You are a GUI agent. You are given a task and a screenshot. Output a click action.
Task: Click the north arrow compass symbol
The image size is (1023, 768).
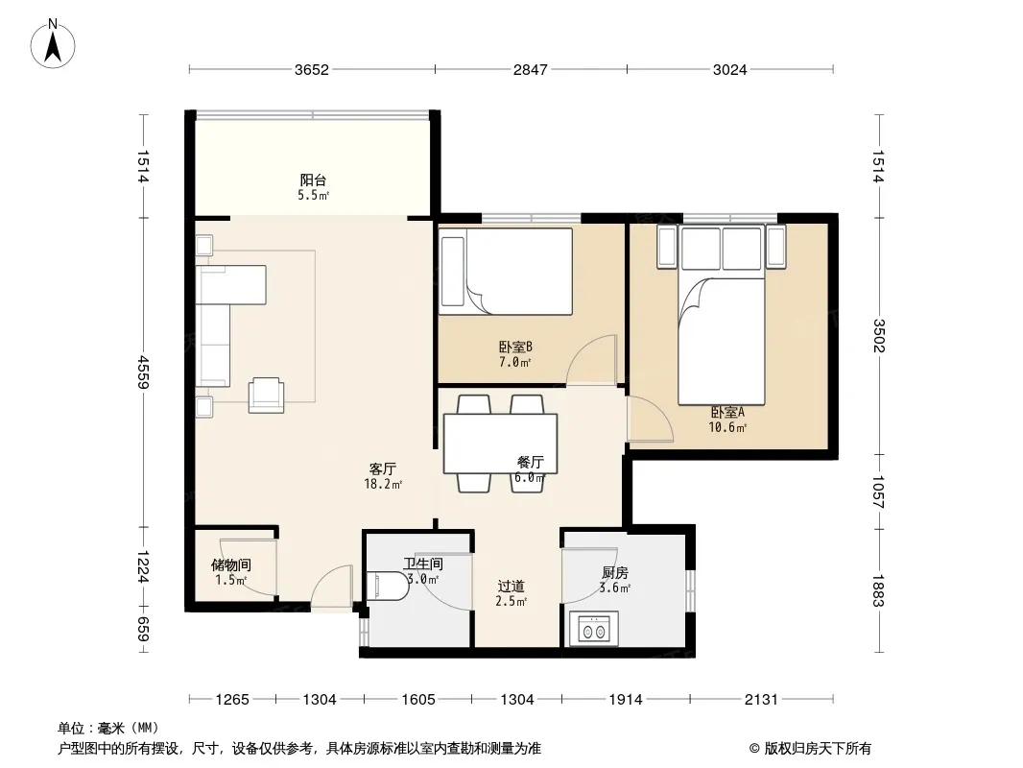[53, 44]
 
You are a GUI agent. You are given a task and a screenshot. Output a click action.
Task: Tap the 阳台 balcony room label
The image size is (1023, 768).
[313, 180]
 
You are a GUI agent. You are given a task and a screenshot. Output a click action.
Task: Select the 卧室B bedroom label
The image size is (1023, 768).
[515, 348]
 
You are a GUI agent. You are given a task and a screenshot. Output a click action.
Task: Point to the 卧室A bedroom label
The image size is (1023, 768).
[727, 413]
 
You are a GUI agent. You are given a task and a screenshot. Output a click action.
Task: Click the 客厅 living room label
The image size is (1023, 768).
[383, 469]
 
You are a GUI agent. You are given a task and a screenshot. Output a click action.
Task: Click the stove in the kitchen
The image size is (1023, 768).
[594, 629]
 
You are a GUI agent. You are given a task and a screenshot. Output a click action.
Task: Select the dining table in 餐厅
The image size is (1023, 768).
[500, 444]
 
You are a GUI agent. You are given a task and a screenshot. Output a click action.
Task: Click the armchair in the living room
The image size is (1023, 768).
[266, 396]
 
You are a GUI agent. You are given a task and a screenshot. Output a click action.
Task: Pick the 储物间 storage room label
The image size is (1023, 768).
[231, 565]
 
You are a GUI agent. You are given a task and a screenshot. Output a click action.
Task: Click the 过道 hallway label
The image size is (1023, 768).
[511, 587]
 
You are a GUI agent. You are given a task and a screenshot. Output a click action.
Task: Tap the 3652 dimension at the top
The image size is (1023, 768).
[312, 69]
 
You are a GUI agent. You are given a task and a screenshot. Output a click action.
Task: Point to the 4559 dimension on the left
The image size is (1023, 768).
[144, 372]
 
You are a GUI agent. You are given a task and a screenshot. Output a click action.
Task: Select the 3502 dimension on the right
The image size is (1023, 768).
[878, 335]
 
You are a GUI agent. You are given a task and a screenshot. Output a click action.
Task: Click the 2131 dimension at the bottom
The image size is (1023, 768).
[761, 700]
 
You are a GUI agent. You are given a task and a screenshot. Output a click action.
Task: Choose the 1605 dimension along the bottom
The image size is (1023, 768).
[418, 700]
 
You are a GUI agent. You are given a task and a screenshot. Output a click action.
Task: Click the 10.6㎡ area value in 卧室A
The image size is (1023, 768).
[727, 427]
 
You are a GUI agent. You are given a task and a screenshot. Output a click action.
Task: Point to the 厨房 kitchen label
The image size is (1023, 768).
[615, 573]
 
